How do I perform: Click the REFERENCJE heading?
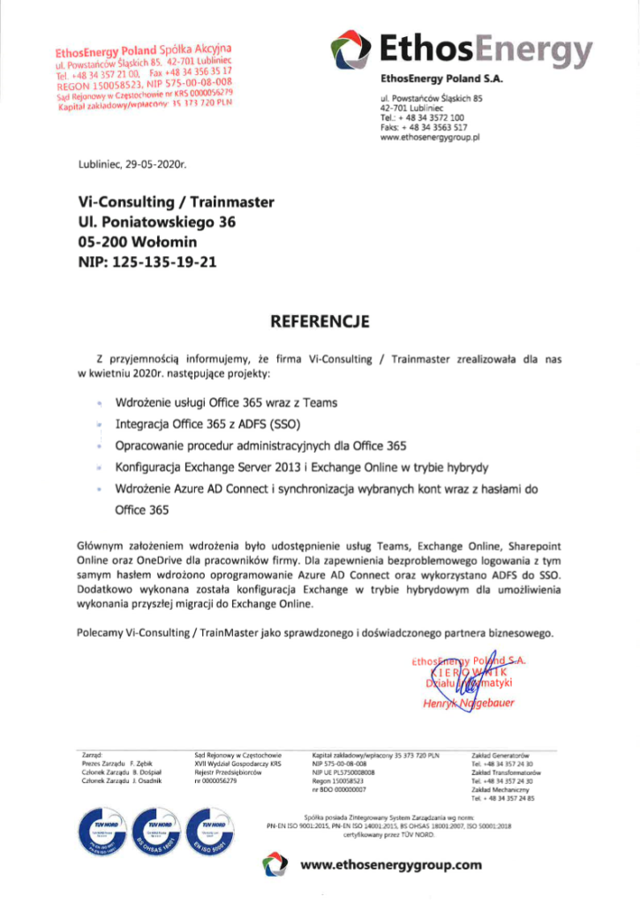[x=320, y=320]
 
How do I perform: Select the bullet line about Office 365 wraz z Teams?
[x=226, y=403]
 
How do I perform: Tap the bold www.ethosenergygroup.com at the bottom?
[x=391, y=865]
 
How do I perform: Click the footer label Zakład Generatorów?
[x=500, y=756]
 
